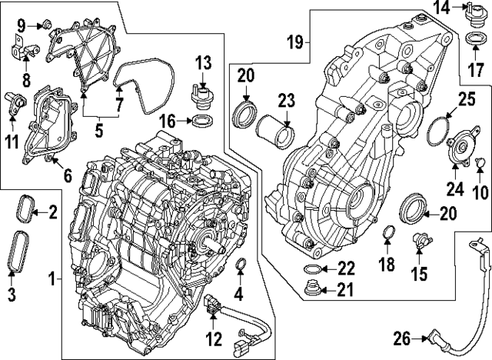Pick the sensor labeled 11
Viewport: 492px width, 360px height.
[15, 103]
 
